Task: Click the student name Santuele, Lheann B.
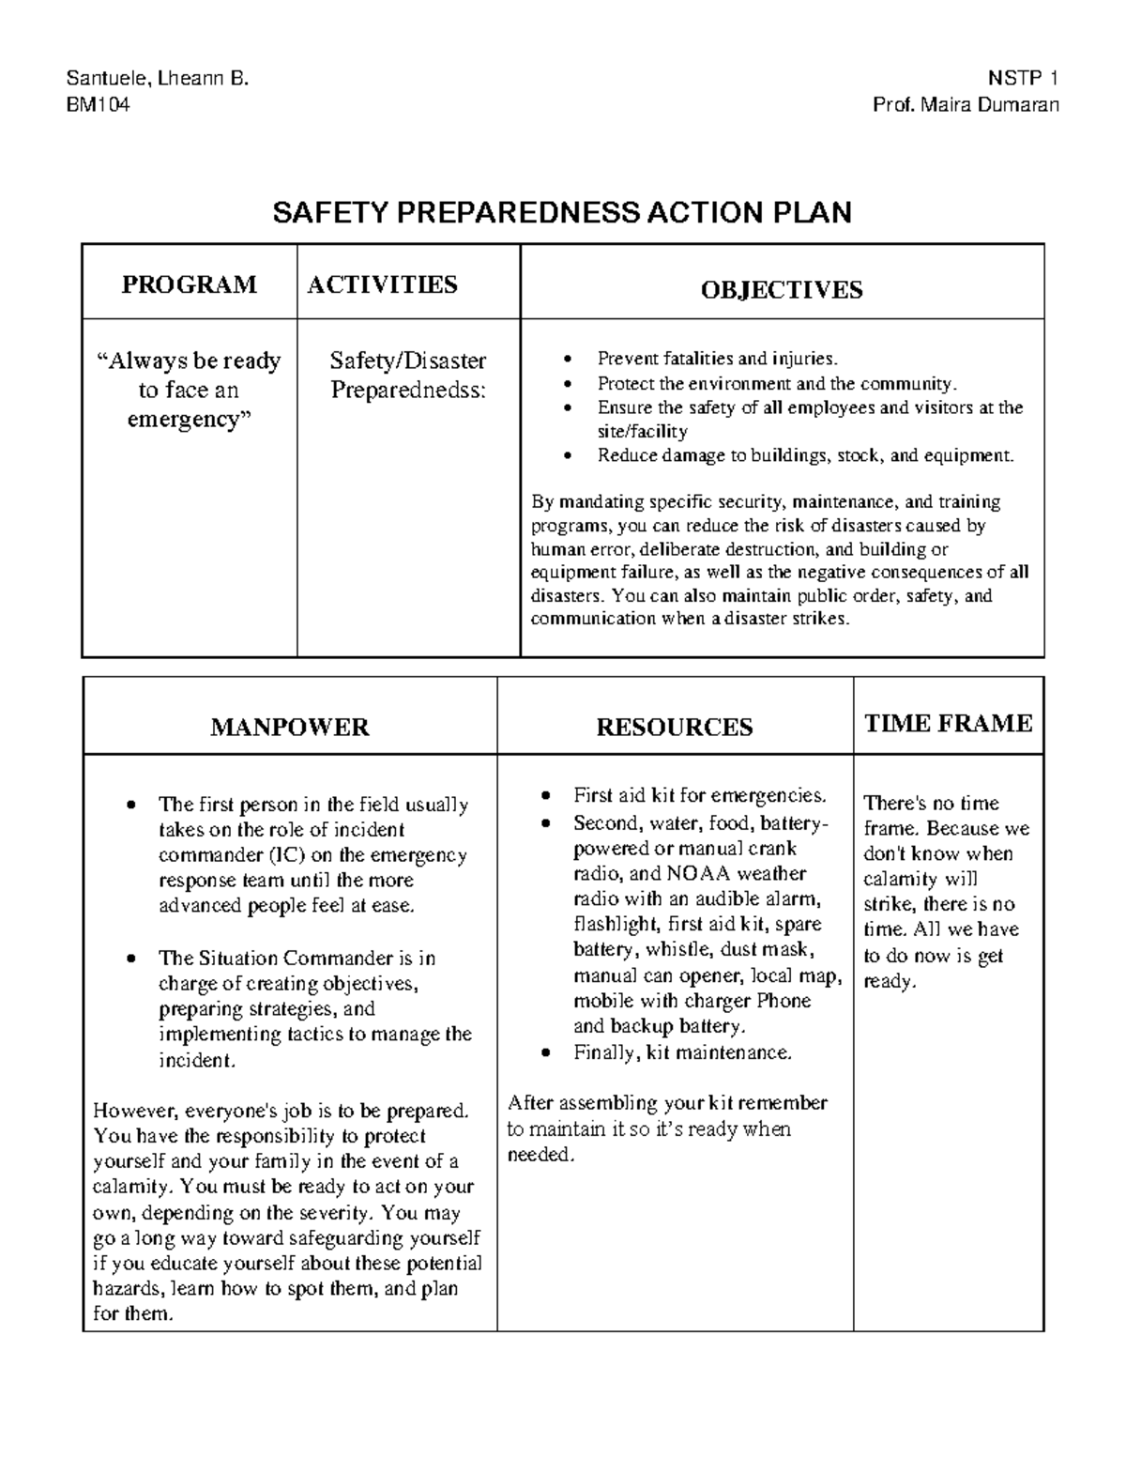pos(157,79)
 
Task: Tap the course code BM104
pos(98,104)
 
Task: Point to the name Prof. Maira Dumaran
pos(966,104)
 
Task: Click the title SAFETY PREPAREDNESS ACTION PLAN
pos(562,213)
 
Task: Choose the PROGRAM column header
pos(189,284)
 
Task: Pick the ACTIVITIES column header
pos(383,284)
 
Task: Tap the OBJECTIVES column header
pos(782,289)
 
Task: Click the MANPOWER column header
pos(290,727)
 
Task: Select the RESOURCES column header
pos(675,727)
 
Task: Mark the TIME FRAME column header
pos(948,723)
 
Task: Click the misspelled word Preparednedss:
pos(408,390)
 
